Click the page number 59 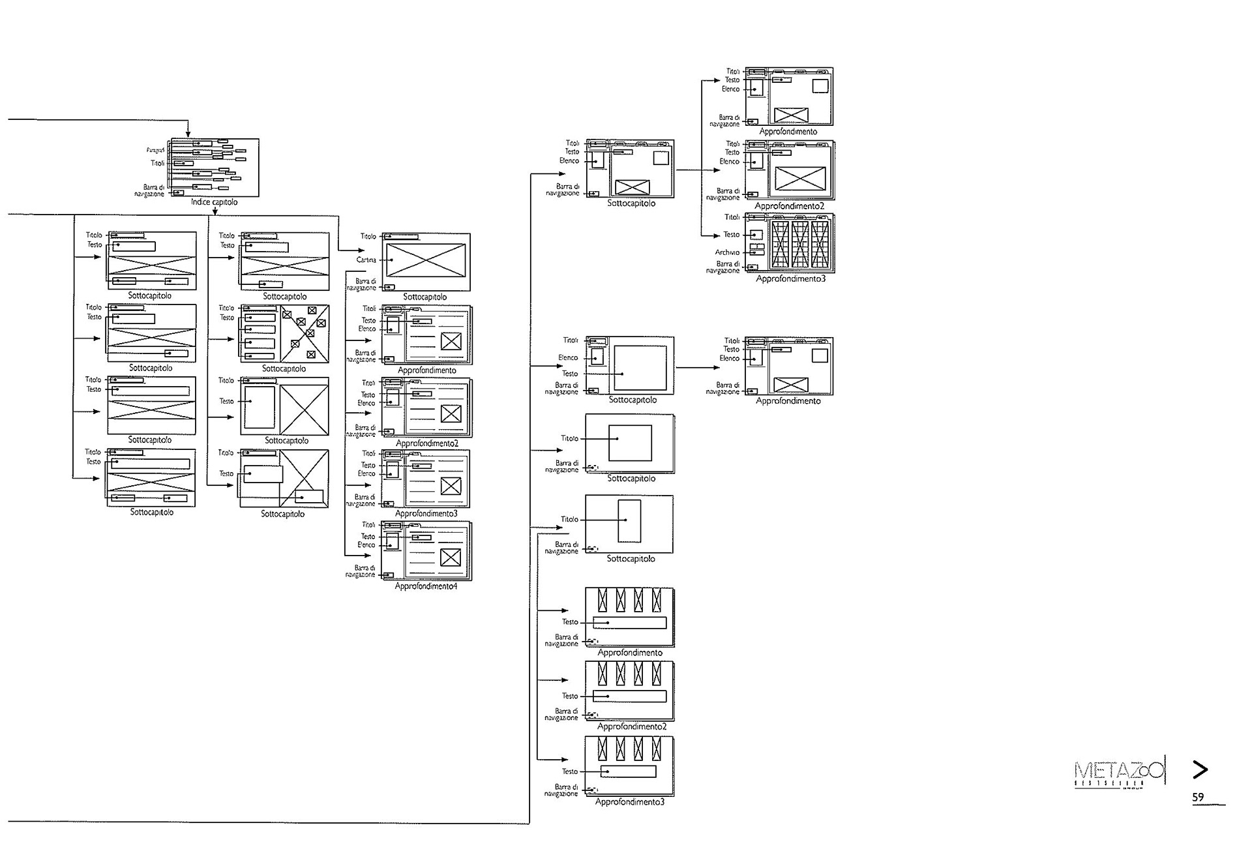pyautogui.click(x=1198, y=797)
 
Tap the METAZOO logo pyautogui.click(x=1118, y=772)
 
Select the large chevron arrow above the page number pyautogui.click(x=1200, y=769)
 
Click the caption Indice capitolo pyautogui.click(x=214, y=202)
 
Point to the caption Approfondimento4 pyautogui.click(x=426, y=586)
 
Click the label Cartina pyautogui.click(x=366, y=260)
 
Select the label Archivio pyautogui.click(x=727, y=252)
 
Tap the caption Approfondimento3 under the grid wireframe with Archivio pyautogui.click(x=790, y=279)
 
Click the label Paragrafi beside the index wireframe pyautogui.click(x=155, y=151)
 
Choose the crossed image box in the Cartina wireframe pyautogui.click(x=425, y=260)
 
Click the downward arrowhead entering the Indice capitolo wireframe pyautogui.click(x=188, y=134)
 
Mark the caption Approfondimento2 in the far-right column pyautogui.click(x=789, y=206)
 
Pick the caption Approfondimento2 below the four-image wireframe pyautogui.click(x=631, y=726)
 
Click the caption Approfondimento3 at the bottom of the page pyautogui.click(x=629, y=802)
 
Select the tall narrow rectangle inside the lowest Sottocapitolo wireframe pyautogui.click(x=629, y=520)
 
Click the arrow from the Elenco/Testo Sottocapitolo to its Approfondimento pyautogui.click(x=698, y=368)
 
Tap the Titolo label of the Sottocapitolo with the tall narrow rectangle pyautogui.click(x=569, y=520)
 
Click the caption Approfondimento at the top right pyautogui.click(x=788, y=132)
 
